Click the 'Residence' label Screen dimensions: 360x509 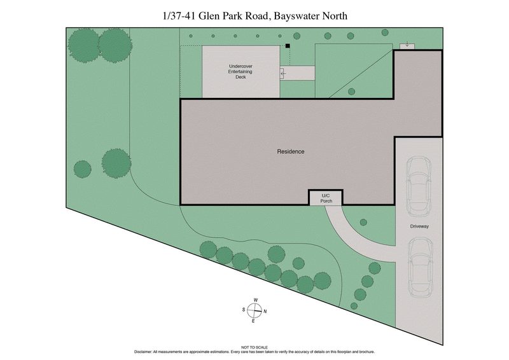pos(291,151)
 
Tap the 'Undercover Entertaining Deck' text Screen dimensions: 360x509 pos(241,72)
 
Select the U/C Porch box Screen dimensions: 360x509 pos(326,198)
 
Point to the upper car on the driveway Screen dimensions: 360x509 pos(418,184)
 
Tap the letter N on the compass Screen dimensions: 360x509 pos(265,311)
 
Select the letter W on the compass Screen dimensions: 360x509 pos(255,300)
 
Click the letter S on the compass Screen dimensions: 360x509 pos(244,310)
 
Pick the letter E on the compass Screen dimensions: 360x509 pos(254,321)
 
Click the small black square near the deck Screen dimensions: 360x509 pos(288,46)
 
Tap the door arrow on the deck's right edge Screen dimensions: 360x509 pos(283,74)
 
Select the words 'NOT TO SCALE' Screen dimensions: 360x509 pos(254,347)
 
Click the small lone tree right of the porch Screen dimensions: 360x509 pos(363,222)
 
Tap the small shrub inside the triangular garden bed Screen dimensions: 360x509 pos(351,92)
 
